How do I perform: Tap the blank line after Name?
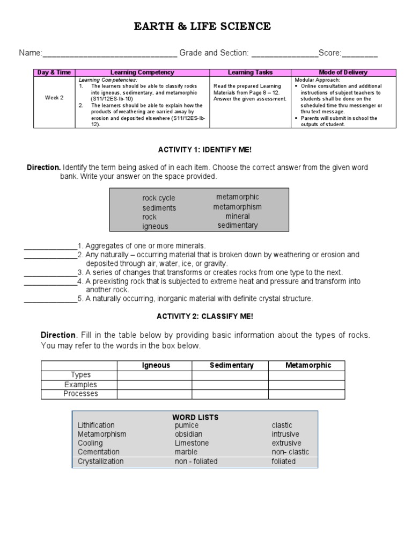[109, 54]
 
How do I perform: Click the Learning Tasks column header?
[250, 72]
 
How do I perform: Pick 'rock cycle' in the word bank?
[159, 198]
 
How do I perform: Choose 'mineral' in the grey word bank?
[238, 216]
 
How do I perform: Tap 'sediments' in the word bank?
[159, 208]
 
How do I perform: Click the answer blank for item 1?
[50, 246]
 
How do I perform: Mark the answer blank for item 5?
[50, 299]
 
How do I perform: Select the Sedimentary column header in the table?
[231, 365]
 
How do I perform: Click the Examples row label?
[80, 385]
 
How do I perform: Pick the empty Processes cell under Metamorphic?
[307, 394]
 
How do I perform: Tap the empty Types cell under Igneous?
[154, 375]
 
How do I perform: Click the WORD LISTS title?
[195, 417]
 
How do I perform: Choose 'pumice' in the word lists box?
[186, 425]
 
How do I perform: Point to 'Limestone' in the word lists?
[192, 443]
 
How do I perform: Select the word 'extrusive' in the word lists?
[285, 443]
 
